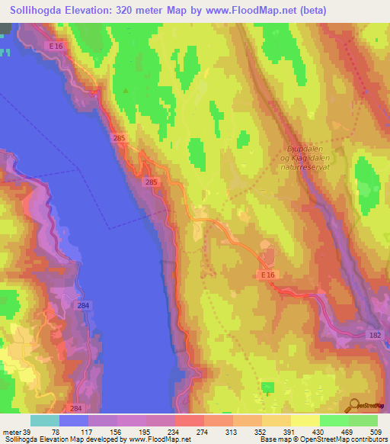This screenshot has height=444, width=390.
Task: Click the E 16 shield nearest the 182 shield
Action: click(266, 274)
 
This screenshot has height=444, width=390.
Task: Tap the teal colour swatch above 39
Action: click(45, 420)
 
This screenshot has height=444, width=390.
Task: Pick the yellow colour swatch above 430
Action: click(305, 420)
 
